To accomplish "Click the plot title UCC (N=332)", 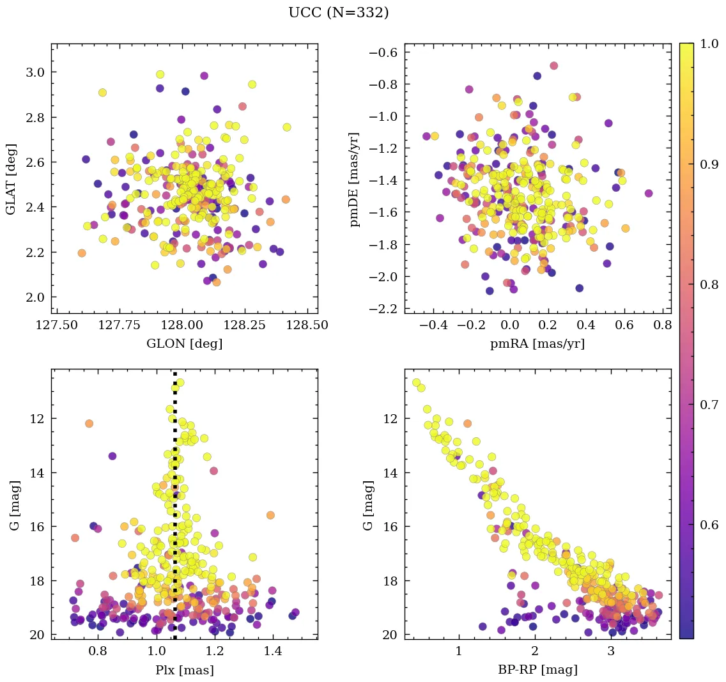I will click(338, 13).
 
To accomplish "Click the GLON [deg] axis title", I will click(184, 344).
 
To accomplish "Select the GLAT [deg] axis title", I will click(12, 179).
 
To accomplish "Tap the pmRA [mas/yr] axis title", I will click(537, 344).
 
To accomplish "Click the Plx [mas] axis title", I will click(184, 670).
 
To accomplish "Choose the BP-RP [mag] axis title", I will click(537, 670).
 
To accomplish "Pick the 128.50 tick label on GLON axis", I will click(308, 325).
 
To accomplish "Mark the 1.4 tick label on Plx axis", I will click(273, 652).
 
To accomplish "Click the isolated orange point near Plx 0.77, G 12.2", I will click(89, 423).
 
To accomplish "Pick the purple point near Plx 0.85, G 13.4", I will click(112, 456).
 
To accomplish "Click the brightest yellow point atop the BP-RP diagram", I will click(417, 383).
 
